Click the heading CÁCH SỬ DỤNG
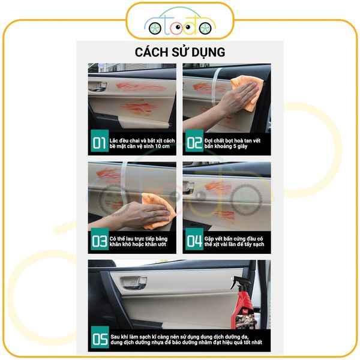point(180,52)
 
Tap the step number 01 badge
point(100,141)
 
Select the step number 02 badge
point(194,141)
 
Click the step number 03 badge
point(100,239)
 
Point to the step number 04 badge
point(194,239)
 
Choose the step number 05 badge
point(100,337)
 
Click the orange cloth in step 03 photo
point(158,211)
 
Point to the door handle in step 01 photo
point(98,86)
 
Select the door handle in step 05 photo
point(133,283)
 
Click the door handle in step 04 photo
point(188,187)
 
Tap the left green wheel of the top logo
point(155,28)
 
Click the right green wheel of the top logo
point(205,28)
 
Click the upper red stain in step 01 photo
point(140,87)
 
